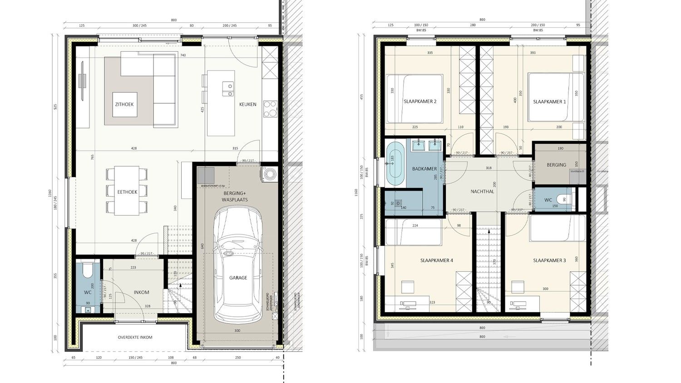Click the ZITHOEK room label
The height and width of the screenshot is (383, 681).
coord(124,104)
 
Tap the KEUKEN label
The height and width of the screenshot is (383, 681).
coord(248,104)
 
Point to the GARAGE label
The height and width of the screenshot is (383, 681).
coord(238,278)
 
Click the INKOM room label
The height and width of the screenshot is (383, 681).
coord(141,292)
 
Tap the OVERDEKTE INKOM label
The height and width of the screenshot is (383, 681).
coord(135,337)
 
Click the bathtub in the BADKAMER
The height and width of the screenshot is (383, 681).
coord(395,164)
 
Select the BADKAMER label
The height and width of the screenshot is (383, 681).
coord(424,169)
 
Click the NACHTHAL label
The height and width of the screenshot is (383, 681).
coord(482,191)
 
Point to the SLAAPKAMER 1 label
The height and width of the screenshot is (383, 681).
coord(549,102)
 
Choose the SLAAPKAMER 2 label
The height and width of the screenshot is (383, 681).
coord(420,102)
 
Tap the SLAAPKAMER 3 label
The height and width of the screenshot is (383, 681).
coord(549,260)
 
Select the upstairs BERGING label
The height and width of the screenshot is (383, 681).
coord(556,165)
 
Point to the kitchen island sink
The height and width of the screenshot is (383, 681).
coord(226,89)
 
